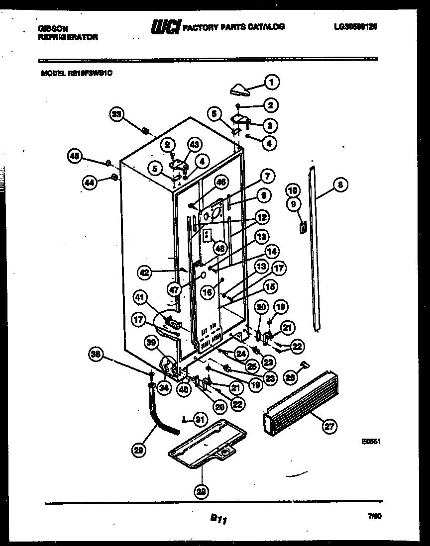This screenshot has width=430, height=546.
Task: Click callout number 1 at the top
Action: [272, 82]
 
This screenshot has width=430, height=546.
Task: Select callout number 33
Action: [116, 114]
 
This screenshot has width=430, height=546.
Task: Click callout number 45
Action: [74, 157]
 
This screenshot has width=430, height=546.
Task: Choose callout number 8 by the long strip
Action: [340, 185]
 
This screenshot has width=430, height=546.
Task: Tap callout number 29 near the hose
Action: [139, 451]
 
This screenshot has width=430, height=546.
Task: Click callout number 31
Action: [200, 419]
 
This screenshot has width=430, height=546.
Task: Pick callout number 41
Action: [141, 298]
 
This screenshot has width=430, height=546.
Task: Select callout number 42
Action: [145, 272]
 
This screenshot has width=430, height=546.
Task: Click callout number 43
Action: [194, 145]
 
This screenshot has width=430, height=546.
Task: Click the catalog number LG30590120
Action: [355, 27]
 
